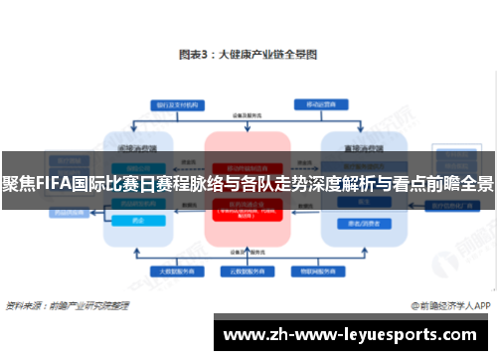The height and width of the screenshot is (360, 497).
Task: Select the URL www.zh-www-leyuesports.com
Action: [x=353, y=334]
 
